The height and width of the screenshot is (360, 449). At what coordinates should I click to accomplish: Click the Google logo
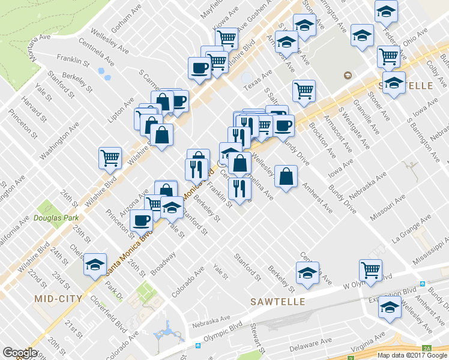[x=20, y=353]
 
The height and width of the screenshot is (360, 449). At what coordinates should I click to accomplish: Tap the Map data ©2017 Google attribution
[x=412, y=355]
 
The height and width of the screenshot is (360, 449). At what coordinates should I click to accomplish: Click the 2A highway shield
[x=426, y=348]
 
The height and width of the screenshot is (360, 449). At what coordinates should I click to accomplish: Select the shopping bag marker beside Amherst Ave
[x=286, y=176]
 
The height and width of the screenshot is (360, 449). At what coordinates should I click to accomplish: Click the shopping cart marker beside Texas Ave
[x=304, y=91]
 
